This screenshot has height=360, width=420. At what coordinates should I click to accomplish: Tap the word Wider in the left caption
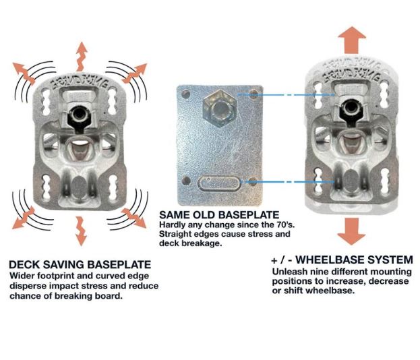(22, 276)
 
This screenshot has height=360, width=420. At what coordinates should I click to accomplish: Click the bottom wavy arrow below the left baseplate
(82, 230)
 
